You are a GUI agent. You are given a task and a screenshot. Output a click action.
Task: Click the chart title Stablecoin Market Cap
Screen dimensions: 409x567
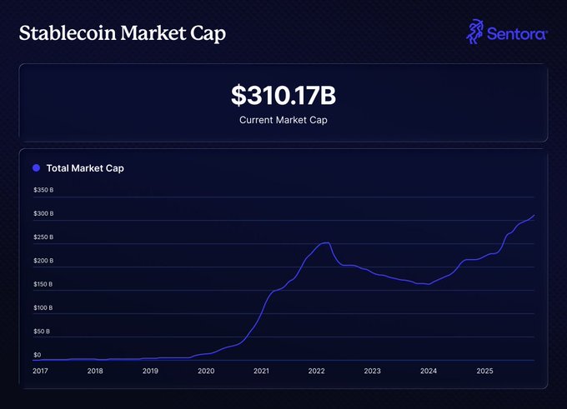coord(122,34)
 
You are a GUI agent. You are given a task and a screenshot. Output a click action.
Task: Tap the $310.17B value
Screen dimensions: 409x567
coord(283,96)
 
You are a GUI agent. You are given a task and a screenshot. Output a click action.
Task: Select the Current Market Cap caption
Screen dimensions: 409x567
coord(283,120)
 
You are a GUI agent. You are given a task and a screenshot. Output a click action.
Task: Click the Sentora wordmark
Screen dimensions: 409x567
coord(518,34)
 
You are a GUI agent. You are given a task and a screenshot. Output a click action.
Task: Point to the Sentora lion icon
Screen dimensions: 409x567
coord(475,32)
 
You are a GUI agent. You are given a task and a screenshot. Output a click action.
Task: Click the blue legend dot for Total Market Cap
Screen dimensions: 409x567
coord(36,168)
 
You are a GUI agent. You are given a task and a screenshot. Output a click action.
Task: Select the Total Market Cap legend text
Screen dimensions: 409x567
coord(85,168)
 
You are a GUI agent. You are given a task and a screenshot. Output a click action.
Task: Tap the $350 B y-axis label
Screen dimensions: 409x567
coord(43,190)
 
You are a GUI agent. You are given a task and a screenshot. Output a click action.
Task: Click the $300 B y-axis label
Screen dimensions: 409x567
coord(43,213)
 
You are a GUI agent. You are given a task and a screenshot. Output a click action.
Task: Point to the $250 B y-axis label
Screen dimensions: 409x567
coord(43,237)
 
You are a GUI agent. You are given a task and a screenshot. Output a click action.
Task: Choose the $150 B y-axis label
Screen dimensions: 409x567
coord(43,284)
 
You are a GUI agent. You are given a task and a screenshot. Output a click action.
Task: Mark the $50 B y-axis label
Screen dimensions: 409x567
coord(42,332)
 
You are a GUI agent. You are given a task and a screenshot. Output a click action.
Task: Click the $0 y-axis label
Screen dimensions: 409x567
coord(38,355)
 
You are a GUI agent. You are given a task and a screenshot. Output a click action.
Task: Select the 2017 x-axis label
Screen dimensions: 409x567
coord(40,372)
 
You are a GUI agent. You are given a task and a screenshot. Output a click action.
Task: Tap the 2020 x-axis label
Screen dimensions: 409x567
coord(206,372)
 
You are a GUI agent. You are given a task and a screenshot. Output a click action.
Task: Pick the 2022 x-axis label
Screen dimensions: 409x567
coord(317,372)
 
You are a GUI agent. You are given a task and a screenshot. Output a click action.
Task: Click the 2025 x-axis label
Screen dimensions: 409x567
coord(484,372)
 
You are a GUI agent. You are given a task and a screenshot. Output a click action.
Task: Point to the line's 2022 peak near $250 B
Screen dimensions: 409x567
coord(326,242)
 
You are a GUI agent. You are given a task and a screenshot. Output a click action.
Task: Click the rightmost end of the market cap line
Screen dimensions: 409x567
coord(534,215)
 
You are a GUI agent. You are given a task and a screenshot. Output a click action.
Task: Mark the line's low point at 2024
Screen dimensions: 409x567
coord(427,285)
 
